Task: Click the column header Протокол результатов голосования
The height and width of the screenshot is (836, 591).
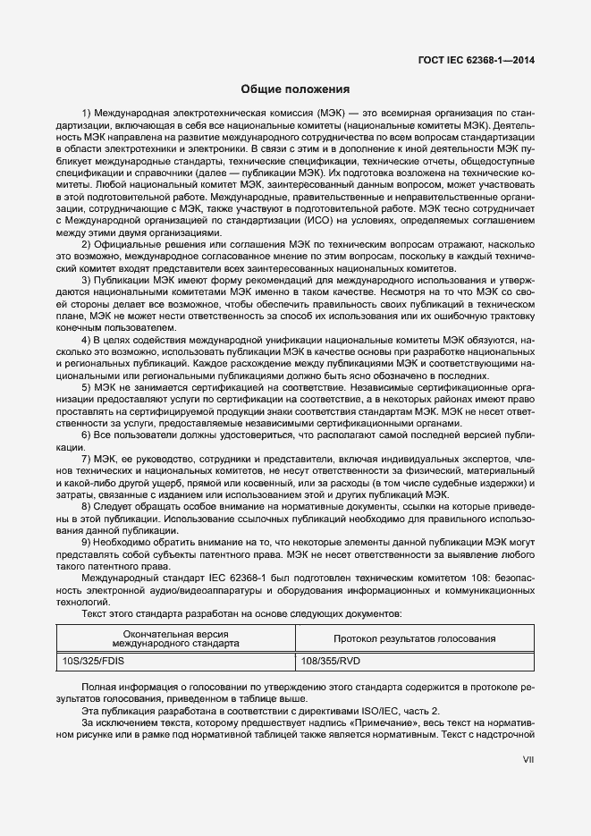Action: [x=414, y=638]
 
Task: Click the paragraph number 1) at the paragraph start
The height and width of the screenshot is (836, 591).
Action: [x=87, y=114]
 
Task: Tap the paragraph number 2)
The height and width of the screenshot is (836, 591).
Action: [x=87, y=245]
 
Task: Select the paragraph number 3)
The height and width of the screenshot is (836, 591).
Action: [x=87, y=281]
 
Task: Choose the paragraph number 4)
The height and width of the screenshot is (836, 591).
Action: [x=87, y=340]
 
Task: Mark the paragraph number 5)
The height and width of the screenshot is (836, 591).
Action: [x=87, y=387]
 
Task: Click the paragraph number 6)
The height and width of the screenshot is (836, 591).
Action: [x=87, y=435]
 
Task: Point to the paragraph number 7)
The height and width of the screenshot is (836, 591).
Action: [x=87, y=459]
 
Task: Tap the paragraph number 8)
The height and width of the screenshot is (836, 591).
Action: [x=87, y=506]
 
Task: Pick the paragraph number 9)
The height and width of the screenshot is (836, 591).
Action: [x=87, y=542]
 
